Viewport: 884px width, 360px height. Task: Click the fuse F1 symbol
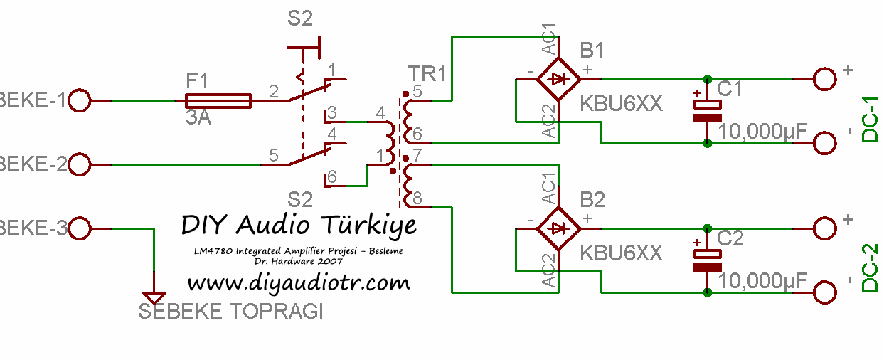click(218, 101)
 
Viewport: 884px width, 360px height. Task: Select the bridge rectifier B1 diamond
click(558, 78)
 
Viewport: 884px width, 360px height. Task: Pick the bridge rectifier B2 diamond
click(558, 228)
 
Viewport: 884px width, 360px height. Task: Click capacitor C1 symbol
click(708, 110)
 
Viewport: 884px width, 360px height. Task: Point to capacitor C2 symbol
click(708, 260)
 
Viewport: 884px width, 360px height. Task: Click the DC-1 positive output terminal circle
click(825, 78)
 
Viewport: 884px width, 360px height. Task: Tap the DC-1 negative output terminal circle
click(825, 143)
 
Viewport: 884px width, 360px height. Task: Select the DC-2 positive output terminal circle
click(825, 228)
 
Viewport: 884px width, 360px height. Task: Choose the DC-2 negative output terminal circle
click(825, 292)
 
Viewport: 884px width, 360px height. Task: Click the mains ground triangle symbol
click(154, 298)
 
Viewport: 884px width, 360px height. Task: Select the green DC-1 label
click(870, 119)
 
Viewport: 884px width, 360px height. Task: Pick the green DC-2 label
click(870, 268)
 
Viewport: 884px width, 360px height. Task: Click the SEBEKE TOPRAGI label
click(230, 312)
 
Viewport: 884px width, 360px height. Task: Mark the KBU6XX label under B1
click(621, 104)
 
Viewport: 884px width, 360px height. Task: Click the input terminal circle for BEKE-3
click(80, 229)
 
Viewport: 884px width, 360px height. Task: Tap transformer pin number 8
click(417, 198)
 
